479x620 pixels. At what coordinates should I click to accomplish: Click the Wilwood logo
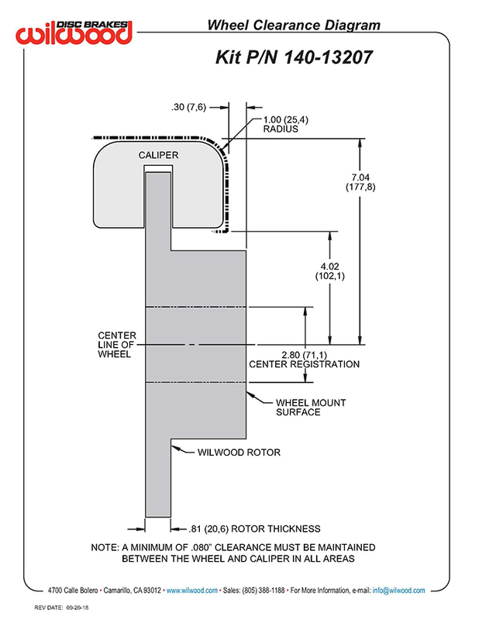74,32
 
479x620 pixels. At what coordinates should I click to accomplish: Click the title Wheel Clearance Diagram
294,26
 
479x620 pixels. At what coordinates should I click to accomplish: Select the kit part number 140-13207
329,57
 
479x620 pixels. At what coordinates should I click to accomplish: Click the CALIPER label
158,155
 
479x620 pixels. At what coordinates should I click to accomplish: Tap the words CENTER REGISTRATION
304,364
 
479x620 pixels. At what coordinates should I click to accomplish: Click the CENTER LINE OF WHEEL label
117,345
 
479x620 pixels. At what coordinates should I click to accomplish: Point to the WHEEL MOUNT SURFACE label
311,408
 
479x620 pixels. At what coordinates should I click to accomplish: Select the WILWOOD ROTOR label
239,453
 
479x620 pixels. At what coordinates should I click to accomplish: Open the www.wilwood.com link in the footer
192,591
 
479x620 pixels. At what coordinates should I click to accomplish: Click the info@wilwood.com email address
398,591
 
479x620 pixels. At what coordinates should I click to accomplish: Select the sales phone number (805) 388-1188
263,591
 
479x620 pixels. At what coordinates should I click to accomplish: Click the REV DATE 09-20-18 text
61,608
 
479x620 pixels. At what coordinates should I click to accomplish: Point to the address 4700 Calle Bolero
73,591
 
